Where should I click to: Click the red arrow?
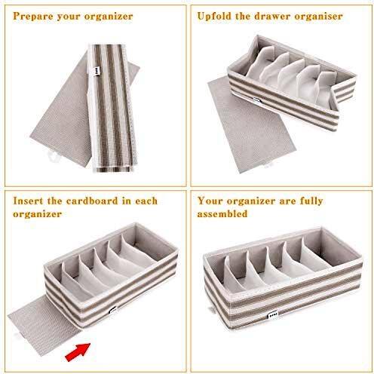click(x=78, y=352)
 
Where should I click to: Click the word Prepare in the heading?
click(x=32, y=17)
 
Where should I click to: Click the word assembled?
click(x=222, y=214)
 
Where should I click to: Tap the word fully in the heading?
click(x=311, y=201)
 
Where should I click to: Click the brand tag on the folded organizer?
click(x=96, y=72)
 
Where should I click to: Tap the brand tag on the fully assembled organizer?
click(x=273, y=314)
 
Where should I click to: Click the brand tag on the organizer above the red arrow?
click(x=113, y=310)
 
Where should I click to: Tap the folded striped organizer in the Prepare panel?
click(x=112, y=108)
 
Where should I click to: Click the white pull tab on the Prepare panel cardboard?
click(x=54, y=156)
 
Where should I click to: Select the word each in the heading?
click(x=146, y=201)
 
